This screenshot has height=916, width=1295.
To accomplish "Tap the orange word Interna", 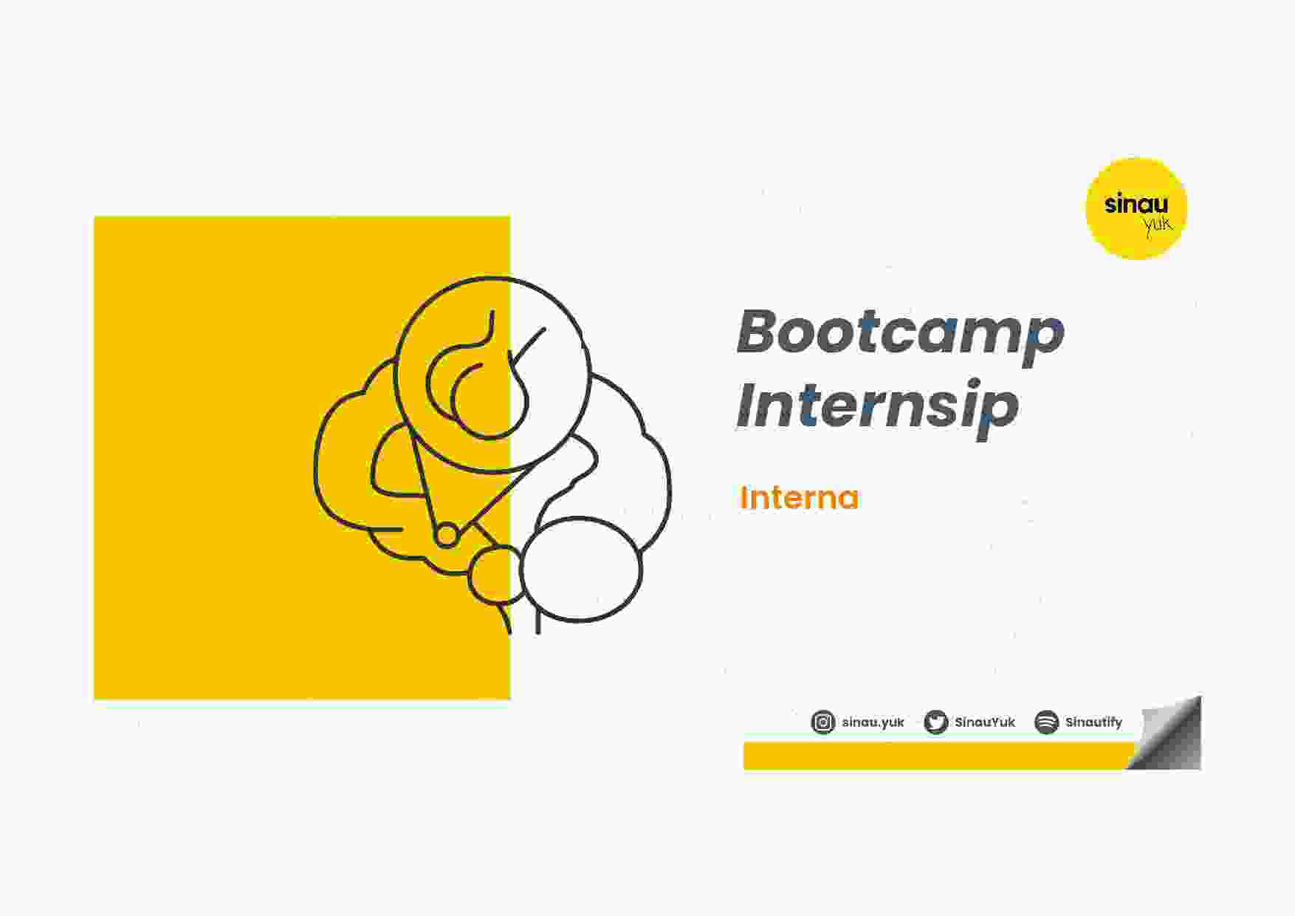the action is [800, 498].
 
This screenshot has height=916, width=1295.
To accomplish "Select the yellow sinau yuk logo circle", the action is [1136, 208].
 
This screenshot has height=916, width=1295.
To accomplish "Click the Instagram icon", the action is [823, 722].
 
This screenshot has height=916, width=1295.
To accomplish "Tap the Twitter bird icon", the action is [936, 722].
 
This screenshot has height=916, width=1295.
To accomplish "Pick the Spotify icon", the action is [1047, 722].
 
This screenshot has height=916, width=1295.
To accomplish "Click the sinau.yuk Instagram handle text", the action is [873, 722].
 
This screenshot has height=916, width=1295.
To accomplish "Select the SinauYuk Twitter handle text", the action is [985, 722].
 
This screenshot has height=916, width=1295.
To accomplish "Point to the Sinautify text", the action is [1093, 722].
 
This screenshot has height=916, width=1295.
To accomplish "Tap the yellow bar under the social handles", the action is [938, 756].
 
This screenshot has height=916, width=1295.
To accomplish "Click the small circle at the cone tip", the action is [447, 535].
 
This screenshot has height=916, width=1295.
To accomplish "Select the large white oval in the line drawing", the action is [581, 569].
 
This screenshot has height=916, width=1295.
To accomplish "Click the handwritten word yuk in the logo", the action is [1158, 225].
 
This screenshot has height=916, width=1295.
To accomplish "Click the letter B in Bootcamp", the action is [761, 332].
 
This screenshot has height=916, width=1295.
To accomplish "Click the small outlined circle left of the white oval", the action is [495, 575].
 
